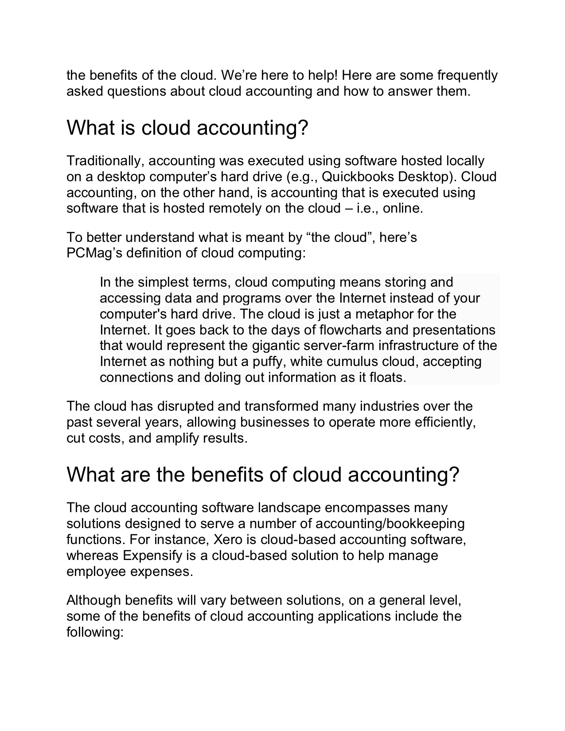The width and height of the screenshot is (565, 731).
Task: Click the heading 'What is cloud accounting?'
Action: [187, 128]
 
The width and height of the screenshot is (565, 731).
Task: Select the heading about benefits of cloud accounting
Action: [263, 475]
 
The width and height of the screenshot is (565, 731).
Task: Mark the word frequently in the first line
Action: [468, 75]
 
